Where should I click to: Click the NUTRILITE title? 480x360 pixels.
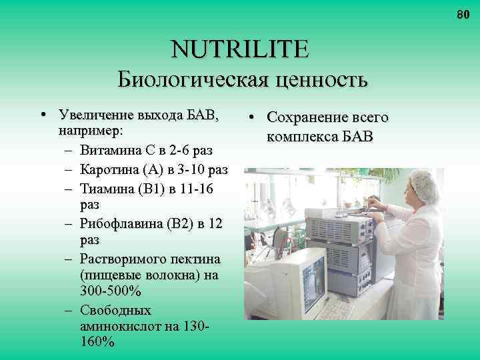(x=240, y=49)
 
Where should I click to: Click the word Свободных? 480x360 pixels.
(x=115, y=311)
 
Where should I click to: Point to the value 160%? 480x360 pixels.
(x=96, y=343)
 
